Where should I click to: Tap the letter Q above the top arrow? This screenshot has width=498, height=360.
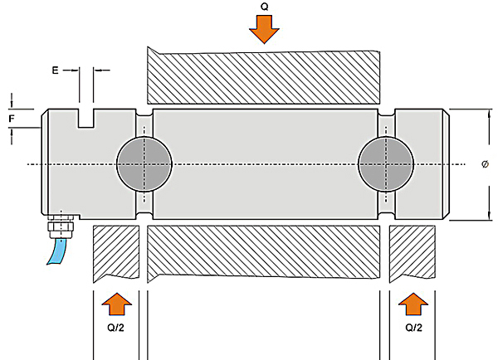(265, 6)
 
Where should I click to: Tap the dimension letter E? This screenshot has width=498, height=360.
(56, 71)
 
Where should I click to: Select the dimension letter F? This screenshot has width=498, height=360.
(12, 119)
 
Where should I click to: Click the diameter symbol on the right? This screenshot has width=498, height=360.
(484, 164)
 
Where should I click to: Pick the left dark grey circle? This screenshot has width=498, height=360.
(144, 163)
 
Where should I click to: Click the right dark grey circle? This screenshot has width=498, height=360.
(386, 163)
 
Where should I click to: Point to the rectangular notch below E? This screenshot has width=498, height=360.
(86, 118)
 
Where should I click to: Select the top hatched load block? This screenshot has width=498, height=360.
(263, 75)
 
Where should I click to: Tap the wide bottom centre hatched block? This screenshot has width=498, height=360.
(264, 251)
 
